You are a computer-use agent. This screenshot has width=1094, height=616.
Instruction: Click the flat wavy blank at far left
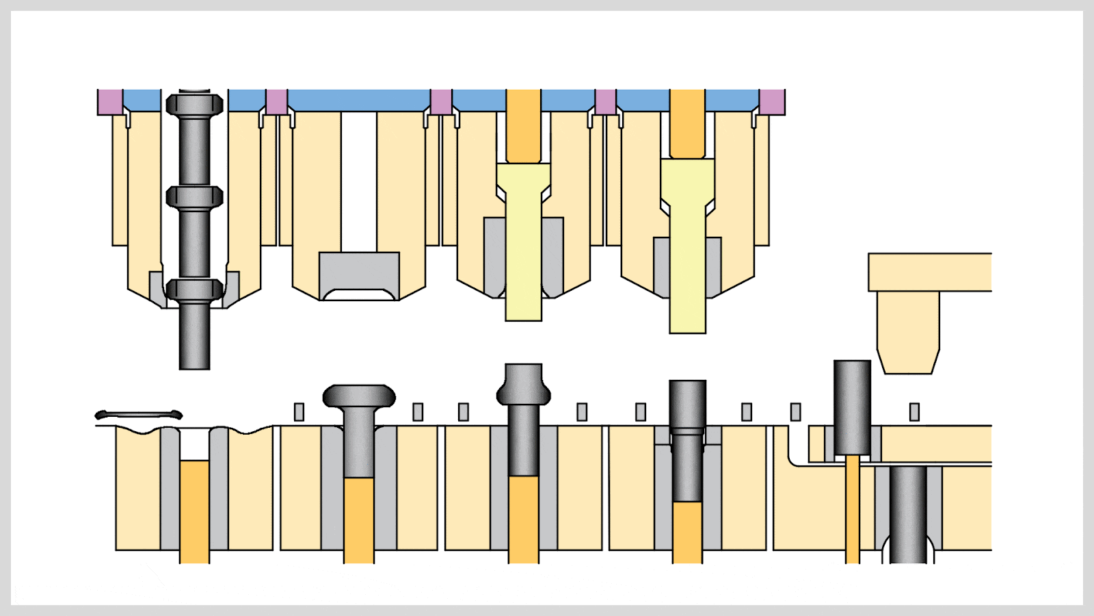[x=139, y=415]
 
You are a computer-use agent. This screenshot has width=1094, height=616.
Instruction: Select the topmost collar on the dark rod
[x=194, y=105]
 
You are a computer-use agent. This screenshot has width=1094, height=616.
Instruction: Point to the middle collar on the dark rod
[x=194, y=197]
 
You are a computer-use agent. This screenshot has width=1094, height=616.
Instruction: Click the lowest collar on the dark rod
[x=194, y=290]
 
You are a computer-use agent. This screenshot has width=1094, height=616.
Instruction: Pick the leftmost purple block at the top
[x=109, y=101]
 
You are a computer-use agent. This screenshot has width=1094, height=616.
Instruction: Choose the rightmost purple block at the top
[x=772, y=101]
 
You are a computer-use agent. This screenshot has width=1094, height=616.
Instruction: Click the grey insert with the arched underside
[x=359, y=272]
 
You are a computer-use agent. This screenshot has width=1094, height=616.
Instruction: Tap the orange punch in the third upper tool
[x=523, y=127]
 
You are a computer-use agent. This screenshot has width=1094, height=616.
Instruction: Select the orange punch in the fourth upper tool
[x=687, y=123]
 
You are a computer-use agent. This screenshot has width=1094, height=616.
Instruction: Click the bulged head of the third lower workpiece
[x=524, y=387]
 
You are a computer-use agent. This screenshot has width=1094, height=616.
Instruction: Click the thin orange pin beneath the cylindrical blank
[x=852, y=506]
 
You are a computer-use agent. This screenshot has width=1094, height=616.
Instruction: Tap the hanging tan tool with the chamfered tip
[x=908, y=332]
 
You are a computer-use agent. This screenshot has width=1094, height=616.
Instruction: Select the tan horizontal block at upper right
[x=930, y=272]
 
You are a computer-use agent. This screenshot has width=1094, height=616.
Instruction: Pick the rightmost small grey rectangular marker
[x=914, y=411]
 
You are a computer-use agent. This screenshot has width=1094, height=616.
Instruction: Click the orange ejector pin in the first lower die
[x=194, y=510]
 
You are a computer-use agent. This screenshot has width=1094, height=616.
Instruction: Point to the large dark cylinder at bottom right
[x=908, y=513]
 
